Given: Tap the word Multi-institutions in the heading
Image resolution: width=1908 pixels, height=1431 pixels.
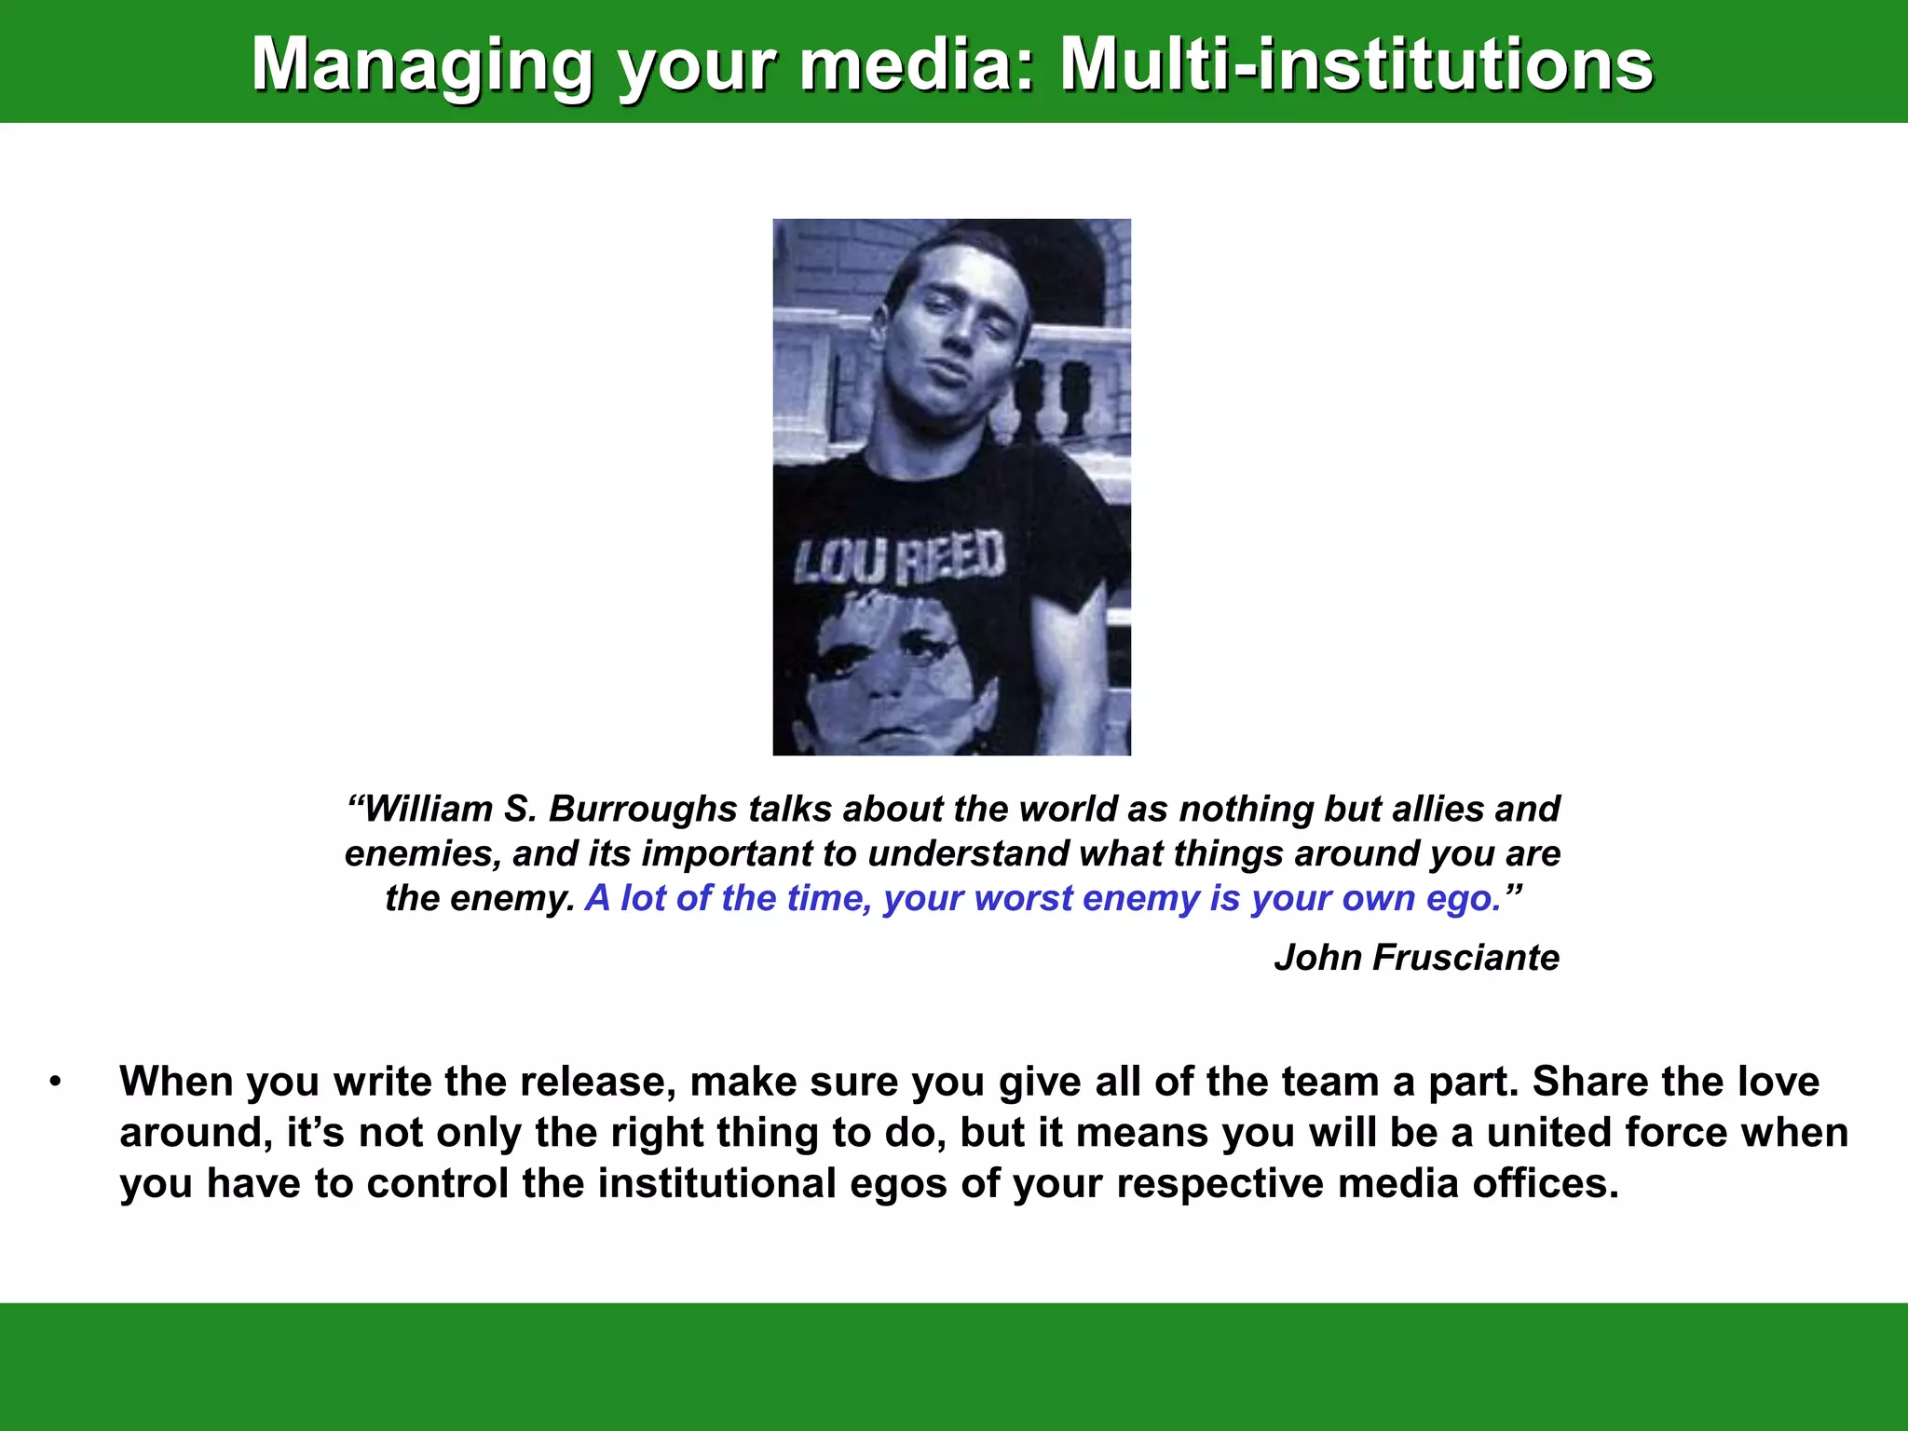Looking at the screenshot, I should (1356, 65).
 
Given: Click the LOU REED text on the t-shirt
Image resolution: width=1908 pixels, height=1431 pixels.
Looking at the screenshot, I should (900, 559).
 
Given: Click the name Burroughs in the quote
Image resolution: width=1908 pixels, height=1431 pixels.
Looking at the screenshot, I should (643, 809).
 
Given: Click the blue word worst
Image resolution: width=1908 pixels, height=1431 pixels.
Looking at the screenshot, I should (1024, 898).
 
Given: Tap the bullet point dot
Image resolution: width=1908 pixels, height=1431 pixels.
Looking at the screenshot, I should (56, 1083).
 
